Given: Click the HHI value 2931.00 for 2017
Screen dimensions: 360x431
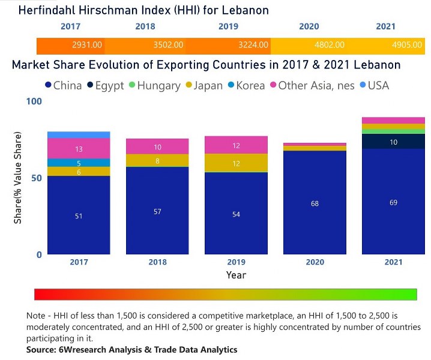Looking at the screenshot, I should (87, 45).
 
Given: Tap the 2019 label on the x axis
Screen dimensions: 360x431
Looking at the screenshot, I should (236, 262).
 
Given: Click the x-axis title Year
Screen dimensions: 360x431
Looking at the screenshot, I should (236, 275).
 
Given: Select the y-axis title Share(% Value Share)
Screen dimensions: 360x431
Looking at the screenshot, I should (18, 178).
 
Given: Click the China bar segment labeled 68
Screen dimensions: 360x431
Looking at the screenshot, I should (315, 203).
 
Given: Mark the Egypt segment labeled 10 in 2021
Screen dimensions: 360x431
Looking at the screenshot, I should (393, 142).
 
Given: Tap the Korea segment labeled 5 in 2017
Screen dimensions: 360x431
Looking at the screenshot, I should (79, 163).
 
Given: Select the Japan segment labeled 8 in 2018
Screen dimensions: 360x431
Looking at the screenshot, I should (157, 161).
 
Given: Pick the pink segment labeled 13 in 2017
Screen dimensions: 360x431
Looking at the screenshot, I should (79, 148).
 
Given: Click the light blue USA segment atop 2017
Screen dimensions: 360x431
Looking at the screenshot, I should (79, 134).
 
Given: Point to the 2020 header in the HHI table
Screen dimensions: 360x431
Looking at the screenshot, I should (309, 26).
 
